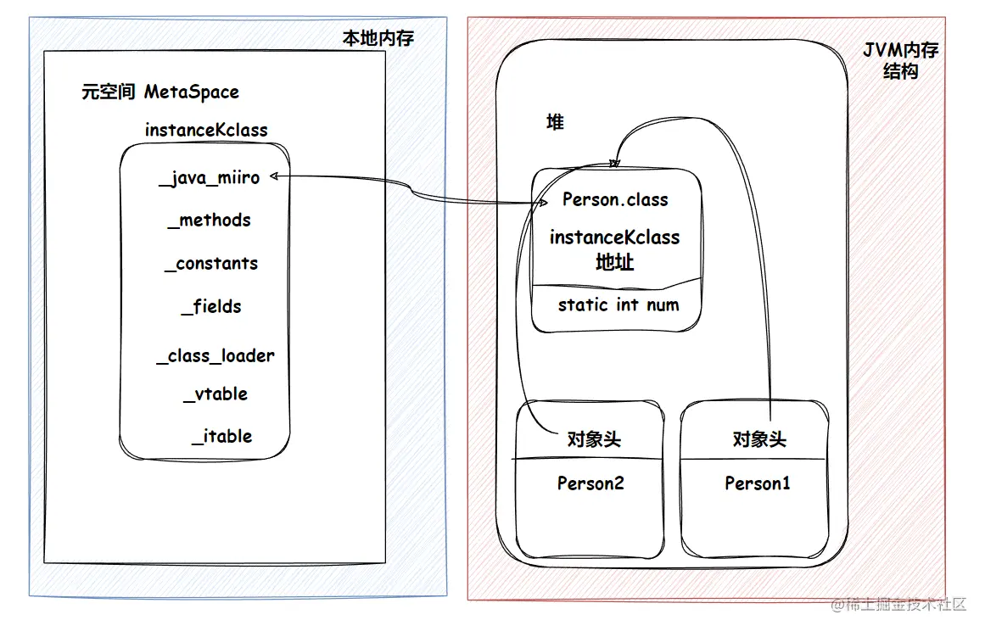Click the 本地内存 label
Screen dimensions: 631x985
pyautogui.click(x=378, y=39)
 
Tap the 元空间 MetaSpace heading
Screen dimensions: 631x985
pyautogui.click(x=160, y=92)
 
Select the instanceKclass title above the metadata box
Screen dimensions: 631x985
pyautogui.click(x=206, y=130)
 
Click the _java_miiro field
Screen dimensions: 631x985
pyautogui.click(x=209, y=178)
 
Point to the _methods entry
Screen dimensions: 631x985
pyautogui.click(x=210, y=221)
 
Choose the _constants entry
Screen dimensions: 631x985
pyautogui.click(x=211, y=264)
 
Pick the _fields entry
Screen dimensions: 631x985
pyautogui.click(x=211, y=307)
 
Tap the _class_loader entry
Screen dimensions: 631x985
pyautogui.click(x=215, y=356)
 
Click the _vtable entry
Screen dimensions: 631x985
pyautogui.click(x=215, y=394)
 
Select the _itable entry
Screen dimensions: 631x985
pyautogui.click(x=221, y=437)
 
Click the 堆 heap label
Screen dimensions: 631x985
pyautogui.click(x=555, y=123)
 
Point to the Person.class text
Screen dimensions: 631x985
pyautogui.click(x=615, y=200)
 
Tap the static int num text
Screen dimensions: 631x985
pyautogui.click(x=618, y=304)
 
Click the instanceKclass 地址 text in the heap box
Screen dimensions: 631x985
pyautogui.click(x=615, y=249)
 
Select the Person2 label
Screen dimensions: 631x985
pyautogui.click(x=590, y=483)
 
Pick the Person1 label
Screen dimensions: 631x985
pyautogui.click(x=758, y=483)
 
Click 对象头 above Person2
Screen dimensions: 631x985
pyautogui.click(x=594, y=439)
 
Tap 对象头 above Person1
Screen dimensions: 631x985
pyautogui.click(x=759, y=439)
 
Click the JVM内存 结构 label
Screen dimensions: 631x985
pyautogui.click(x=901, y=61)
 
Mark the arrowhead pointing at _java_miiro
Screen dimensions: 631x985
pyautogui.click(x=272, y=176)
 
